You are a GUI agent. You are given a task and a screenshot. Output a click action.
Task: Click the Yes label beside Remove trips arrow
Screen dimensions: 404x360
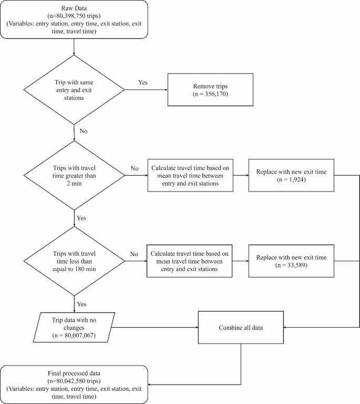click(x=142, y=83)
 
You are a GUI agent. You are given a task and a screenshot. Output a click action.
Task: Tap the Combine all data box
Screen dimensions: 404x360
click(x=241, y=327)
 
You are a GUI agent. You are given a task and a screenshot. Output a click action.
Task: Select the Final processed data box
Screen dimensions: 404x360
click(x=74, y=383)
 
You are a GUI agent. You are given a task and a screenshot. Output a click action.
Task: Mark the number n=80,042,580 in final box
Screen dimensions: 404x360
click(x=74, y=380)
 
